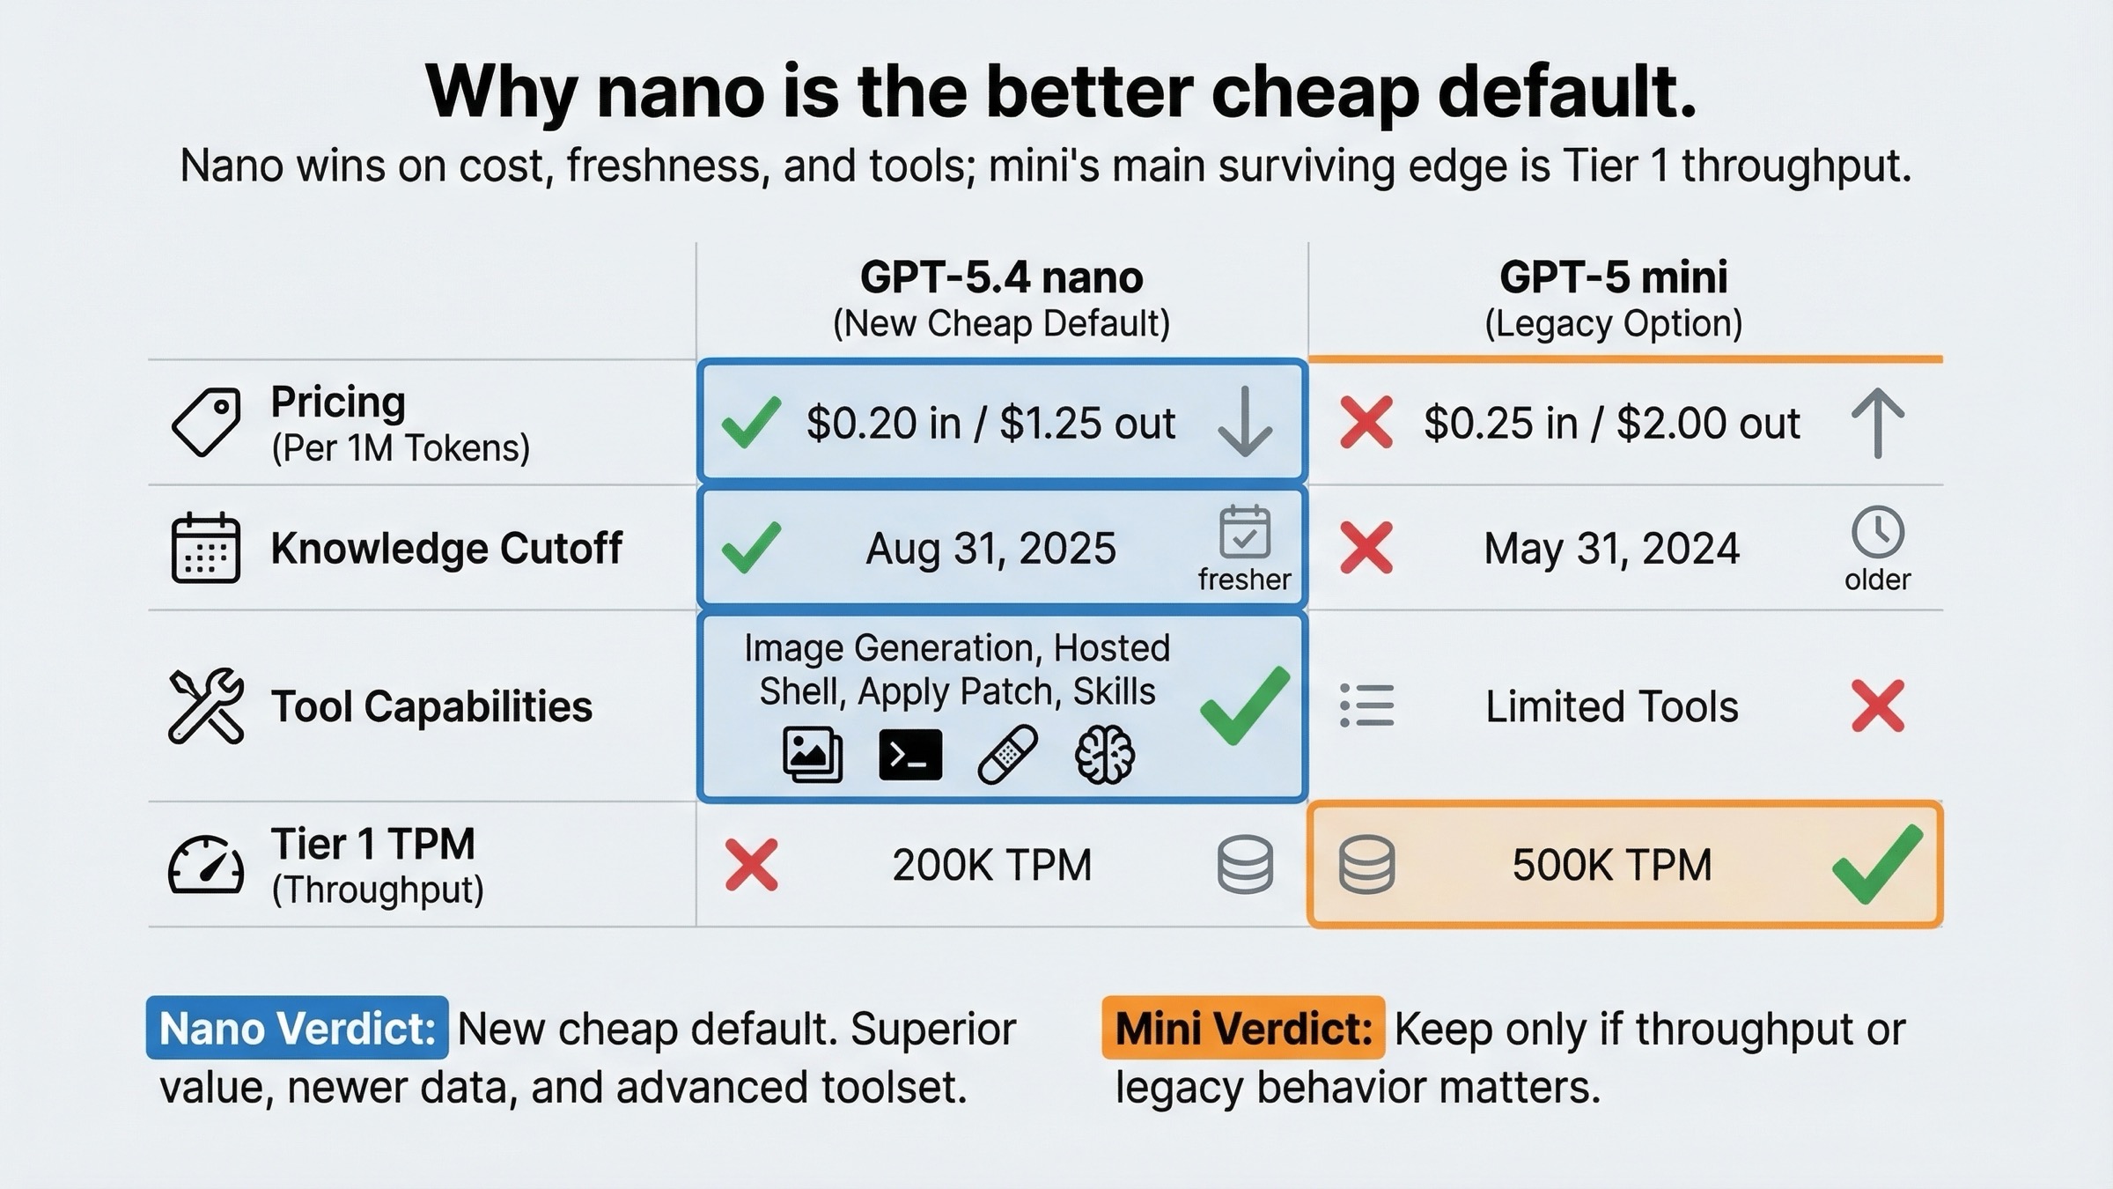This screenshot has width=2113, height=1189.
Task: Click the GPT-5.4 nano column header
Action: point(1001,277)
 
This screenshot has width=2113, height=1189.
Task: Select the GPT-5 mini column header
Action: point(1613,277)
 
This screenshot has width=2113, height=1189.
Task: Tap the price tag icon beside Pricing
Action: point(206,422)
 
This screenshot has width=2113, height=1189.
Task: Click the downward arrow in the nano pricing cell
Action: point(1244,422)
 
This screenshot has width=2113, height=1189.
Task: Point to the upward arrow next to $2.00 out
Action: point(1877,422)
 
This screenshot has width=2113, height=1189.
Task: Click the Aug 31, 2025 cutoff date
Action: point(990,549)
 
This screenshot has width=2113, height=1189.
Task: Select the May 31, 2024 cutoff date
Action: point(1611,549)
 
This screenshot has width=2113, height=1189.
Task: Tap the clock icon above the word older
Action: point(1877,531)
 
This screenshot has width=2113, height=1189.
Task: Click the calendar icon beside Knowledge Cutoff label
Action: point(205,548)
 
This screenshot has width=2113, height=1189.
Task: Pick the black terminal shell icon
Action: point(910,755)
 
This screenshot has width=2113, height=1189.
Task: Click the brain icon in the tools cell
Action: point(1105,755)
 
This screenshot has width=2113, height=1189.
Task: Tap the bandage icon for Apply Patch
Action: point(1007,755)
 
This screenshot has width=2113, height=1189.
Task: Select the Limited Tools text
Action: point(1611,706)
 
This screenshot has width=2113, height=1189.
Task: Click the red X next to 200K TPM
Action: point(751,865)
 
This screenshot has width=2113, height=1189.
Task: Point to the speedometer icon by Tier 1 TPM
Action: point(205,866)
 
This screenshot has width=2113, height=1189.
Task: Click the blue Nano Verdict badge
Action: point(298,1028)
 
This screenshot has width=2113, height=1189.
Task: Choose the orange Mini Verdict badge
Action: point(1243,1028)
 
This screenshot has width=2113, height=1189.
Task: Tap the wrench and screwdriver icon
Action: point(205,705)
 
